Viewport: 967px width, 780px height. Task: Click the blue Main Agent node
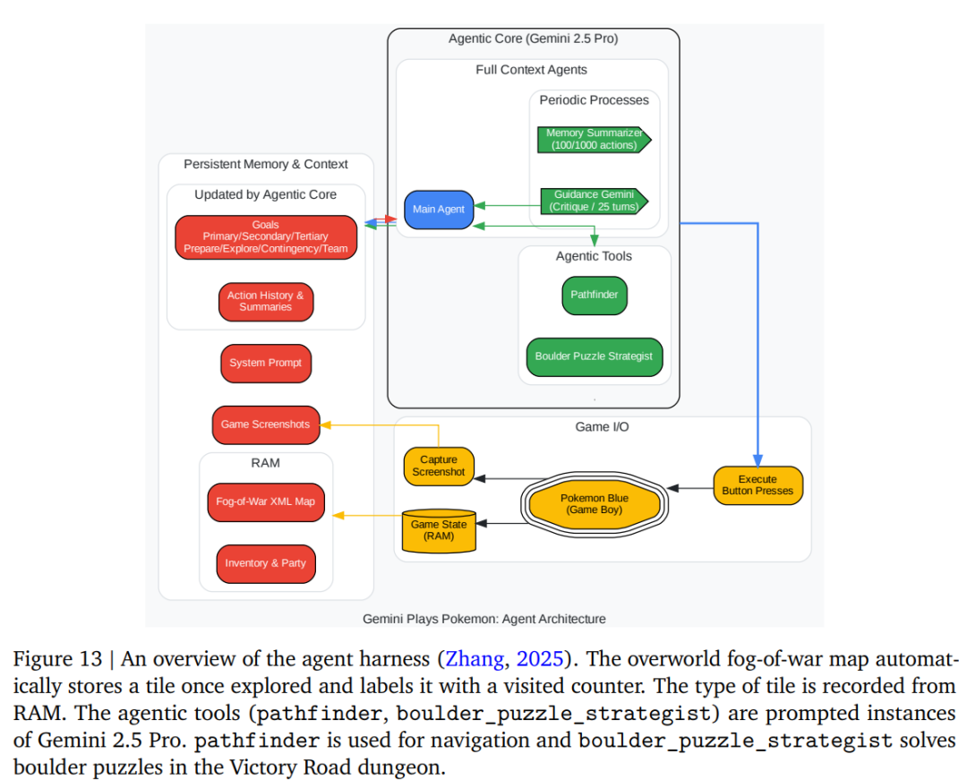point(439,210)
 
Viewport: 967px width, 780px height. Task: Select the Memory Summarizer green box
point(594,140)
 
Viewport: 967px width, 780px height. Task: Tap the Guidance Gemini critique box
point(594,201)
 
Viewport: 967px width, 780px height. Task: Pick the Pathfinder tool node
point(595,296)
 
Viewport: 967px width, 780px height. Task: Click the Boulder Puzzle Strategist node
point(595,357)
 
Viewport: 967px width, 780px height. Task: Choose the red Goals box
point(266,237)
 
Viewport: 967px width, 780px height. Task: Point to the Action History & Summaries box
point(266,302)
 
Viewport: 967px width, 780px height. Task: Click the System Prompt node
point(266,364)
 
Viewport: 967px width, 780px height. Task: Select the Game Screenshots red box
point(266,424)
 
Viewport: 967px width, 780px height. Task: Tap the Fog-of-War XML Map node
point(266,502)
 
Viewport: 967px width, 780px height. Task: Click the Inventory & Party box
point(266,563)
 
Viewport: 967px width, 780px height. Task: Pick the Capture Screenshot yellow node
point(439,467)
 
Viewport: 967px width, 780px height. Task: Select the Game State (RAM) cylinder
point(439,531)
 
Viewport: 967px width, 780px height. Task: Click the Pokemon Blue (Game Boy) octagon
point(595,504)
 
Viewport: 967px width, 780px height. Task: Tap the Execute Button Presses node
point(758,486)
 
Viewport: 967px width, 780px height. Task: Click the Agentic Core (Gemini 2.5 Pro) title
point(534,39)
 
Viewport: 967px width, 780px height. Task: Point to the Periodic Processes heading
point(594,100)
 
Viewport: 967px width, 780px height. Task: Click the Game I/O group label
point(602,427)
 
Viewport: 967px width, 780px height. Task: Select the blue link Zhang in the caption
point(475,659)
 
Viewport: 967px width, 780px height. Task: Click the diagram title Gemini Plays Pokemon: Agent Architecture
point(484,619)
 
